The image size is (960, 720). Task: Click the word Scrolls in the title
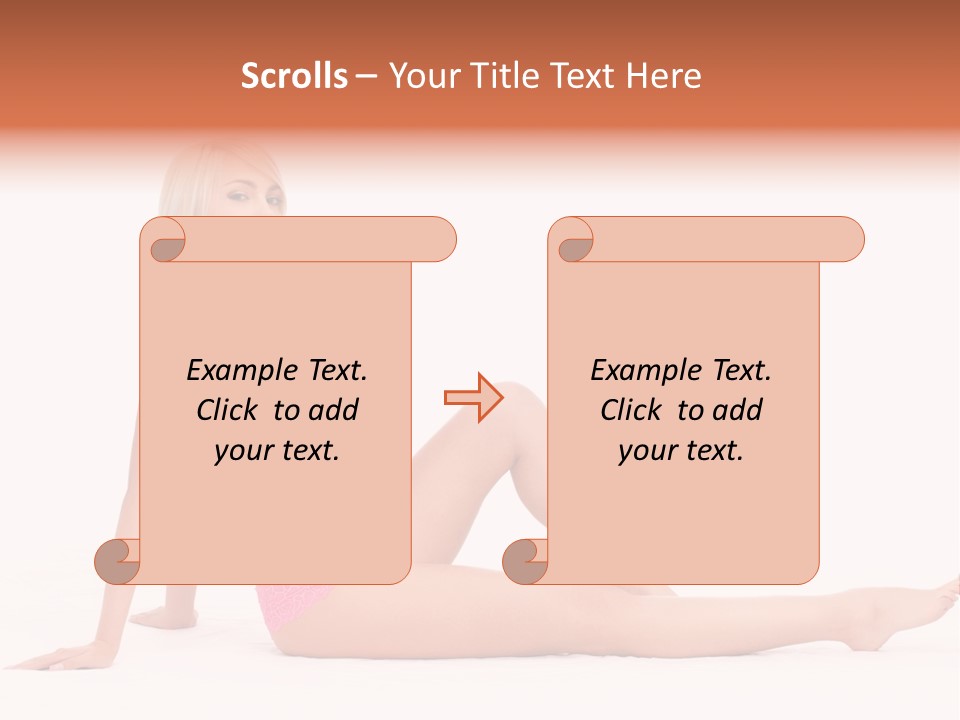coord(294,76)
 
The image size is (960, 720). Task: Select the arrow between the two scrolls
coord(473,397)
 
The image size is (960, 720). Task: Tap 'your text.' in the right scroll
coord(681,450)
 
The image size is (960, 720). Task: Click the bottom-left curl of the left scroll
coord(118,559)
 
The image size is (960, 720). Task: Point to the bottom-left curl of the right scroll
coord(526,559)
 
